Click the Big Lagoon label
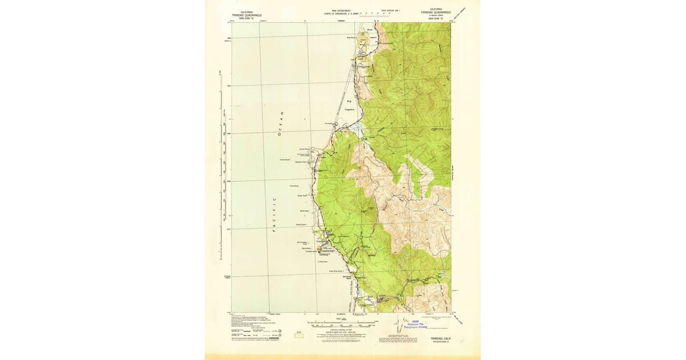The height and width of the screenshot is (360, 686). point(350,105)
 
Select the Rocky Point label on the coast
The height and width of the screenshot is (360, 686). point(303,150)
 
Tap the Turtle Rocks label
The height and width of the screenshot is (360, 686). point(286,159)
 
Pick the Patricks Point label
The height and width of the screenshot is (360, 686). point(301,162)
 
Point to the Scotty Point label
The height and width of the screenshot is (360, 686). point(302,195)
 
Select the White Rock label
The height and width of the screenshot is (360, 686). point(304,211)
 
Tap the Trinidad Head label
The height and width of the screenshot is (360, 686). point(310,252)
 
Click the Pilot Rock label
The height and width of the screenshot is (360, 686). point(322,262)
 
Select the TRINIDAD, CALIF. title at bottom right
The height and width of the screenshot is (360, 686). point(436,339)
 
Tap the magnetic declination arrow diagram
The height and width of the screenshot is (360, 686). point(397,321)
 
